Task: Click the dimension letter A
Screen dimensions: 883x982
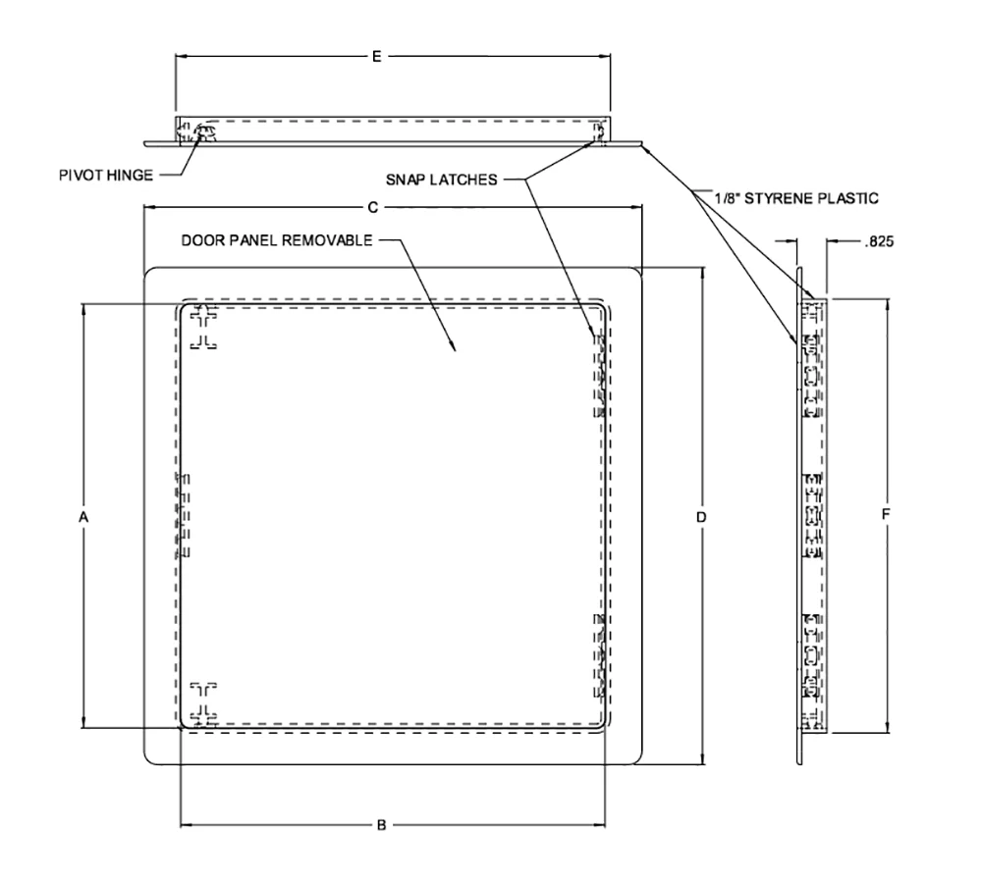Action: pos(83,515)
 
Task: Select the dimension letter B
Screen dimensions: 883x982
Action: pos(382,825)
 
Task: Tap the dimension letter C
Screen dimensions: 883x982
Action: pos(373,207)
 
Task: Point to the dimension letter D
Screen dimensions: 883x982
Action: pos(701,516)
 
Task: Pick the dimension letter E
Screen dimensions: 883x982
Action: pos(377,57)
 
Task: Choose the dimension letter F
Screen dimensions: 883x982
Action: pos(888,514)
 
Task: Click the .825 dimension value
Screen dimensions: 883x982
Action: pos(878,238)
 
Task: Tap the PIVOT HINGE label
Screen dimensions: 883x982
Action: pos(105,177)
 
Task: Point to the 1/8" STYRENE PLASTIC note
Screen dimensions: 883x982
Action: pos(797,197)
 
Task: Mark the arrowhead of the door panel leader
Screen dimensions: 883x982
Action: pos(453,349)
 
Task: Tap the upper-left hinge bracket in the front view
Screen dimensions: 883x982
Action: pos(203,328)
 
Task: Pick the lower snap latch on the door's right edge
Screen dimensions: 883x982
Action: pos(598,655)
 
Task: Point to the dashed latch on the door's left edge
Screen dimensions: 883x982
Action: pos(183,515)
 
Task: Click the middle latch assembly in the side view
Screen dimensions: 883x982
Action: pos(812,515)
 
